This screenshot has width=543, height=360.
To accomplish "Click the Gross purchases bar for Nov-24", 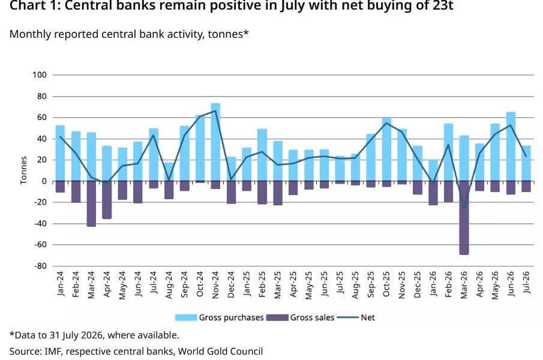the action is (215, 142).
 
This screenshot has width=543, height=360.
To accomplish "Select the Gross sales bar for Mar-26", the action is (464, 218).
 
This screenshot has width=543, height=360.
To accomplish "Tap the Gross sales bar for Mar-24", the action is (91, 203).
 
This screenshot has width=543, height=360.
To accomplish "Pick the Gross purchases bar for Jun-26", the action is (511, 146).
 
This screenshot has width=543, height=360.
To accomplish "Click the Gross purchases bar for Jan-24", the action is (60, 153).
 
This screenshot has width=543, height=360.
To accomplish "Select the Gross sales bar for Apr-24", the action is (107, 200).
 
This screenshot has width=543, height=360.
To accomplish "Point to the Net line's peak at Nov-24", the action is (215, 111).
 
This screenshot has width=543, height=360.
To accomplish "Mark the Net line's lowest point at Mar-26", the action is (464, 208).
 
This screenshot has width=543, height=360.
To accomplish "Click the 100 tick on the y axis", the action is (40, 75).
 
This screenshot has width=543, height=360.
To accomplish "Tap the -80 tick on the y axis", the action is (40, 266).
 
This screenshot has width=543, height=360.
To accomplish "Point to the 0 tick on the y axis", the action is (44, 181).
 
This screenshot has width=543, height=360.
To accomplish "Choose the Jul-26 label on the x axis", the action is (526, 283).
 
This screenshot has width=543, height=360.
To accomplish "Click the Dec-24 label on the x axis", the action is (231, 284).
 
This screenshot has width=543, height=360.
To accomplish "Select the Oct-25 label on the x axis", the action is (386, 284).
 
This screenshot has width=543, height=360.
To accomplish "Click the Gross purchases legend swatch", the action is (186, 317).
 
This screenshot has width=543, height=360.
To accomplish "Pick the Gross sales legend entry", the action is (301, 317).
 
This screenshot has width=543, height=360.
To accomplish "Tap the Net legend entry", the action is (356, 317).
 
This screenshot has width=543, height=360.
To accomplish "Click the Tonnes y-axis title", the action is (23, 170).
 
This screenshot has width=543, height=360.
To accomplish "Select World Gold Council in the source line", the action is (220, 352).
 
